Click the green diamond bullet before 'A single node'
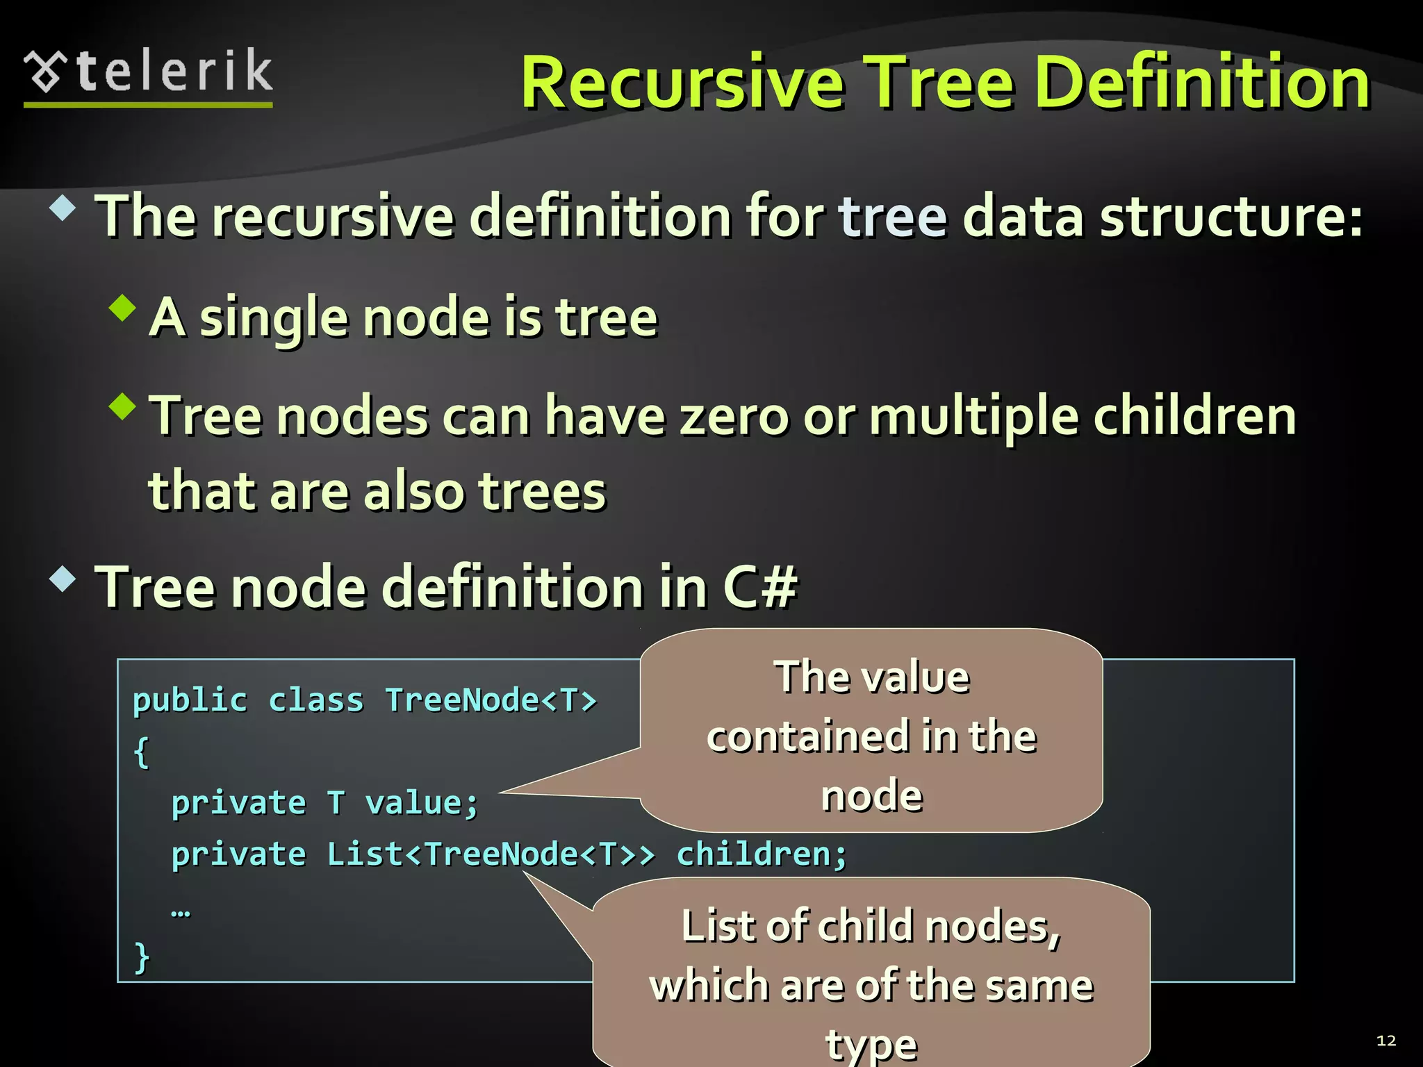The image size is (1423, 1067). [123, 308]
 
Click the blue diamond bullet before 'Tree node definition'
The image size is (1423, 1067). [63, 579]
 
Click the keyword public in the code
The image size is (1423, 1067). [190, 700]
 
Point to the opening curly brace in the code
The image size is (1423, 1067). [142, 752]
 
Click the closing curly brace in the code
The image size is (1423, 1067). [142, 957]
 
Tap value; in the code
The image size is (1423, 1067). [422, 804]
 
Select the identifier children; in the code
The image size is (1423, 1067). [762, 854]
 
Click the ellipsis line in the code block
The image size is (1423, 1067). [181, 911]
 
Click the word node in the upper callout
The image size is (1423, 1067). [872, 796]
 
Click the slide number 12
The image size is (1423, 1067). [1385, 1041]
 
